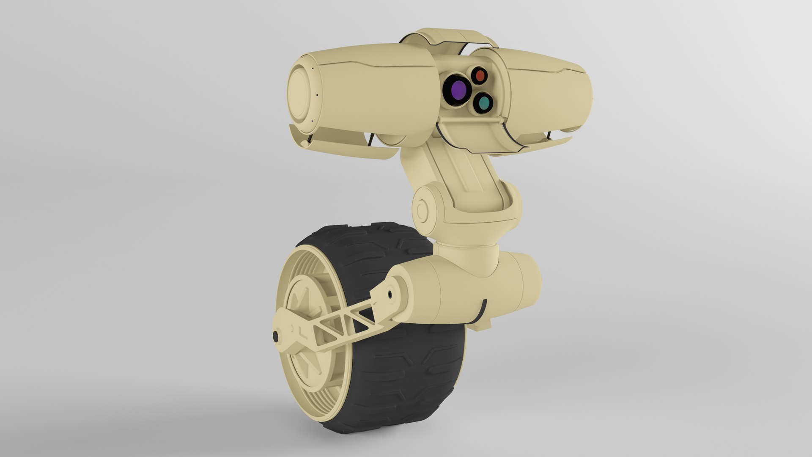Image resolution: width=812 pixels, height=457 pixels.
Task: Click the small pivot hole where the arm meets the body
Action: (x=390, y=293)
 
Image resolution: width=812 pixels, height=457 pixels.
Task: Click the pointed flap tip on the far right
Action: (x=567, y=139)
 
